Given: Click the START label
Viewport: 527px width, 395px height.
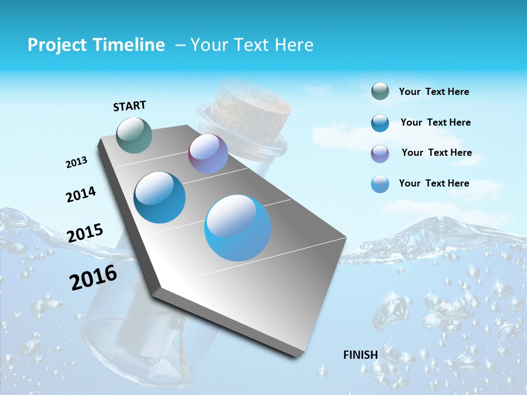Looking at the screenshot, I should tap(130, 106).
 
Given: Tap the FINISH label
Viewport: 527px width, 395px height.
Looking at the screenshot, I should tap(360, 355).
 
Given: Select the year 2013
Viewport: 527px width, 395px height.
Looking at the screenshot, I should tap(76, 162).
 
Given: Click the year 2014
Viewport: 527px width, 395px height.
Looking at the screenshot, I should tap(81, 195).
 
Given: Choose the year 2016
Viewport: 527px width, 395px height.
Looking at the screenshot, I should tap(93, 278).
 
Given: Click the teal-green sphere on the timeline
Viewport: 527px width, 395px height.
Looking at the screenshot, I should tap(134, 135).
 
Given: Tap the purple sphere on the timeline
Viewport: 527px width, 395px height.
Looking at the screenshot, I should tap(208, 154).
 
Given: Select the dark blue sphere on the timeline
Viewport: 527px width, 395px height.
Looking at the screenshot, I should tap(160, 198).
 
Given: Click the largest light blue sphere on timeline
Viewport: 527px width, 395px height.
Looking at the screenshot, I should tap(238, 228).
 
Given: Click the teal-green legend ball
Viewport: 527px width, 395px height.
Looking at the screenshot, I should tap(380, 92).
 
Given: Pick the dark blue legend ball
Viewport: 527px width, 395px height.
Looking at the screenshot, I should tap(380, 123).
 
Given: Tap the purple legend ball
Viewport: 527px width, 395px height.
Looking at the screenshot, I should tap(380, 154).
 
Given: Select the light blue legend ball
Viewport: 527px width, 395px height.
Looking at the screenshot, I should tap(380, 184).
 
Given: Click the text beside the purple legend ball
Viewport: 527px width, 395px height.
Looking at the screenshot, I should tap(436, 153).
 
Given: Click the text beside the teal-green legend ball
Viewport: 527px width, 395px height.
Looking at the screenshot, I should tap(434, 92).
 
